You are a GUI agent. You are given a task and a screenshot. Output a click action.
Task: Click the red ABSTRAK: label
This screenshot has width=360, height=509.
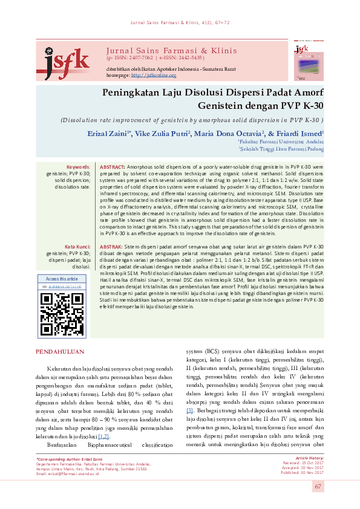point(111,247)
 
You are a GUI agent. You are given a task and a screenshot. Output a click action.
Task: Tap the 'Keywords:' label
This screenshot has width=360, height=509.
point(78,166)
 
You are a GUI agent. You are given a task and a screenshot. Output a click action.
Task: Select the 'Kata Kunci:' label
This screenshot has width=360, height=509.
point(77,247)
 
